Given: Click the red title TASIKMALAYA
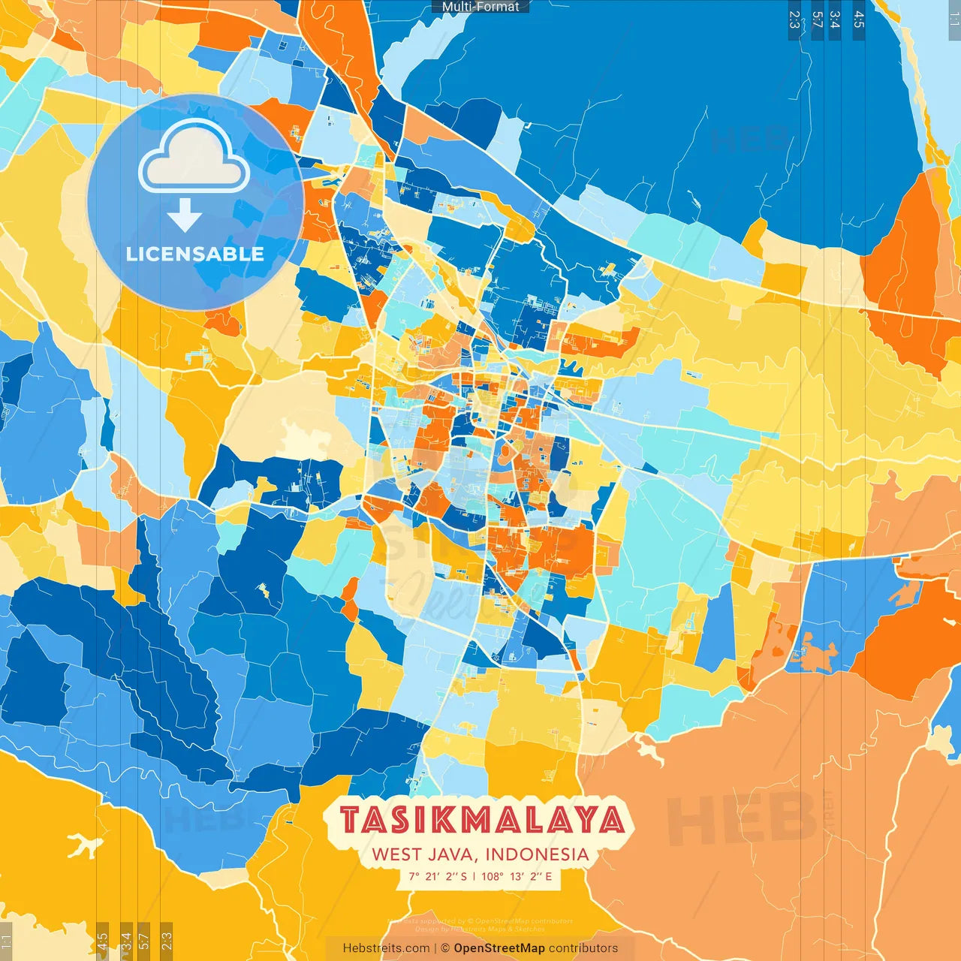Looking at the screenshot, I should point(480,820).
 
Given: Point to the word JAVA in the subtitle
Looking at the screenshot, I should point(453,854).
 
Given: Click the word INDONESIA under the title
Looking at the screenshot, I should point(537,854).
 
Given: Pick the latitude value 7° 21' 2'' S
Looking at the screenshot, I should point(438,876).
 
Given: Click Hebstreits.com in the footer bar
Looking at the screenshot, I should point(386,948).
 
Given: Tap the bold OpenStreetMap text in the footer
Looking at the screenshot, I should point(499,948).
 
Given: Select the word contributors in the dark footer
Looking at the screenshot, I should point(583,948).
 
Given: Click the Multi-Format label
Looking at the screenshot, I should point(480,7).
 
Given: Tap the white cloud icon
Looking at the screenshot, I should point(194,158).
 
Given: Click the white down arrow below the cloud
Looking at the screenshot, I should point(185,215).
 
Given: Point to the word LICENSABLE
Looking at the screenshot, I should point(195,254).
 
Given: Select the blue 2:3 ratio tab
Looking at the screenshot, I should point(794,20).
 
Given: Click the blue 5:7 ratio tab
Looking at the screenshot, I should point(817,20).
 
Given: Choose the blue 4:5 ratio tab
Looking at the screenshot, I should point(858,20).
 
